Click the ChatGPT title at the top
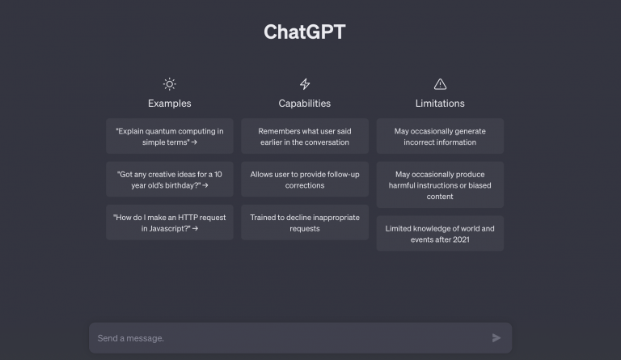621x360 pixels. coord(305,32)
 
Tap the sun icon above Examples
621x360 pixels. coord(170,84)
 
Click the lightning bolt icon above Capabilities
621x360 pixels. coord(305,84)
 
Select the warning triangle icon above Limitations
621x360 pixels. coord(440,84)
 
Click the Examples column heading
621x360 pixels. coord(170,104)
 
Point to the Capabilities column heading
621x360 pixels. coord(305,104)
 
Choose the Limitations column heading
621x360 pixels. coord(440,104)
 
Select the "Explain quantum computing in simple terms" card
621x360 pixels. coord(170,136)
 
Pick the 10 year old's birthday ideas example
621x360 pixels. coord(170,180)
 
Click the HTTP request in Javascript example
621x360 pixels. coord(170,222)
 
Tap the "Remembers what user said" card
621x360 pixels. coord(305,136)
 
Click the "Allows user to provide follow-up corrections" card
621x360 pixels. coord(305,180)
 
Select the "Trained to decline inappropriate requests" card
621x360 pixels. coord(305,222)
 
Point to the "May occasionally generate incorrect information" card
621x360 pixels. coord(440,136)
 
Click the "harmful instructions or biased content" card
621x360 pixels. coord(440,185)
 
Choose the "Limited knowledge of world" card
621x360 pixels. coord(440,234)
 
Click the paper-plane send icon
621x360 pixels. coord(496,338)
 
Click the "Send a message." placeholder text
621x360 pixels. coord(131,338)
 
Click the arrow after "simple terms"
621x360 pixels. coord(194,142)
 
